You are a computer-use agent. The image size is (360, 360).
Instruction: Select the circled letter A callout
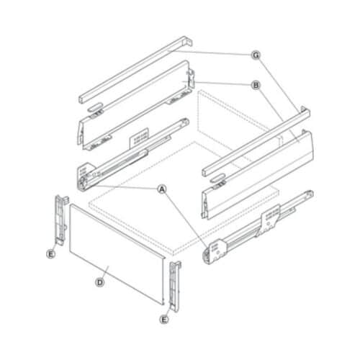(162, 189)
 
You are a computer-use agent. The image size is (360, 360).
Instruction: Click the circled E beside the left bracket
(51, 253)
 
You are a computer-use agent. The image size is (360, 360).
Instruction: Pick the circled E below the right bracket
(164, 318)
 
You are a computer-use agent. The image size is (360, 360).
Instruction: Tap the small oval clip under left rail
(95, 106)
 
